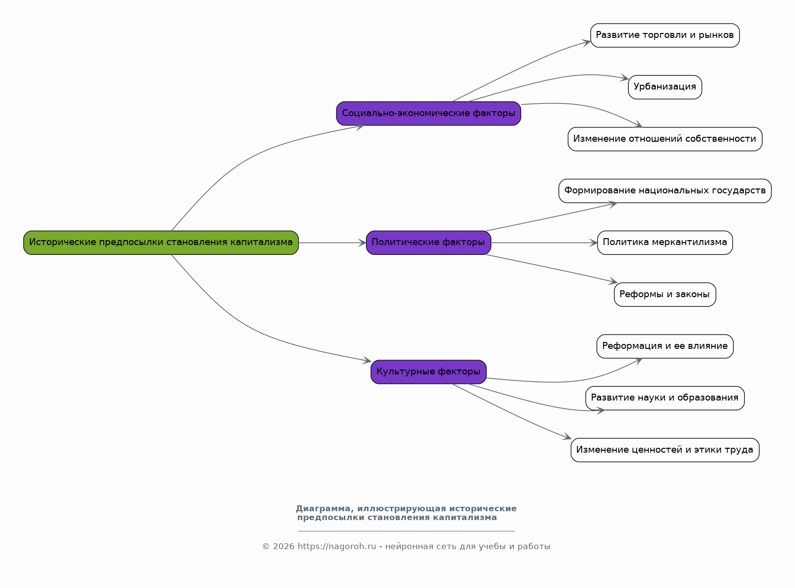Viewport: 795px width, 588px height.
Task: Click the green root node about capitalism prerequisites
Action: [161, 243]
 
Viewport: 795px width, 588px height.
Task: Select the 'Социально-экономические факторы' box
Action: [428, 113]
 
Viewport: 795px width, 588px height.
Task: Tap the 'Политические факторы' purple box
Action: [428, 243]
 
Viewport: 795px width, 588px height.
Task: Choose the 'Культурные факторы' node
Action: [428, 372]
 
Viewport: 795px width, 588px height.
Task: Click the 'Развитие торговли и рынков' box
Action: [665, 35]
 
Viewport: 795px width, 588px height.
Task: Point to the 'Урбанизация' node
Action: [665, 87]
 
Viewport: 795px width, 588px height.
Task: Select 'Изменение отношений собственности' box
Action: [665, 139]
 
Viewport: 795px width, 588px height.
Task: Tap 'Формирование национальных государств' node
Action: [665, 191]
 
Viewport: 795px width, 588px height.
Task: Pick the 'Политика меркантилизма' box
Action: [665, 243]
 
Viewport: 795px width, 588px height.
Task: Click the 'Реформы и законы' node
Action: [665, 294]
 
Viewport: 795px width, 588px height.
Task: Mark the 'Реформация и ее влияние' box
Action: [665, 346]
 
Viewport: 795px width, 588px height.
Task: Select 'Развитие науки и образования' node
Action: [665, 398]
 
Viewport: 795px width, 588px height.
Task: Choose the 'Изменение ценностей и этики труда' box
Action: [665, 450]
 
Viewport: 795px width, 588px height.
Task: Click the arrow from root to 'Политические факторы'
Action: [332, 243]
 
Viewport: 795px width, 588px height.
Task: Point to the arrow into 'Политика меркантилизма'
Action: [544, 243]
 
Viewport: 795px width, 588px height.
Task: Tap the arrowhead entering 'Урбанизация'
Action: [624, 78]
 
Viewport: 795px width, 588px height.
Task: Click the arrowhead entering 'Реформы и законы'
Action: [612, 281]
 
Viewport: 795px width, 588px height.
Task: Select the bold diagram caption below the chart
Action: [406, 513]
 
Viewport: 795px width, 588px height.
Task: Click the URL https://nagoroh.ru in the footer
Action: [336, 546]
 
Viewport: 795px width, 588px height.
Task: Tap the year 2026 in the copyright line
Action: [283, 546]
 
